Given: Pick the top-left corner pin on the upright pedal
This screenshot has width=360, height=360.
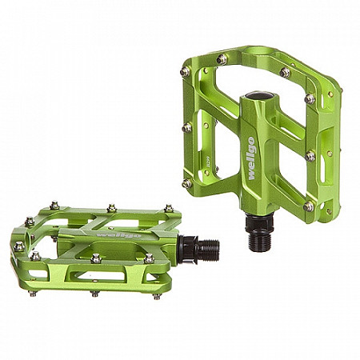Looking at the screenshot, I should point(186,71).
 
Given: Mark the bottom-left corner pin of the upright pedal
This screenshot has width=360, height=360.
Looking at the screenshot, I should point(187,183).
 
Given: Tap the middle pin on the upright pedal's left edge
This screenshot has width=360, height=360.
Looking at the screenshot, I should point(187,126).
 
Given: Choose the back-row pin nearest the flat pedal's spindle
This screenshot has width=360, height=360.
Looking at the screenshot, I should point(168,210).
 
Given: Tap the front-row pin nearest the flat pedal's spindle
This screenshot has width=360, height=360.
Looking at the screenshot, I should point(149,258).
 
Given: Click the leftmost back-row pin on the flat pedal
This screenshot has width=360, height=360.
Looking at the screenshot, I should point(54,206).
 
